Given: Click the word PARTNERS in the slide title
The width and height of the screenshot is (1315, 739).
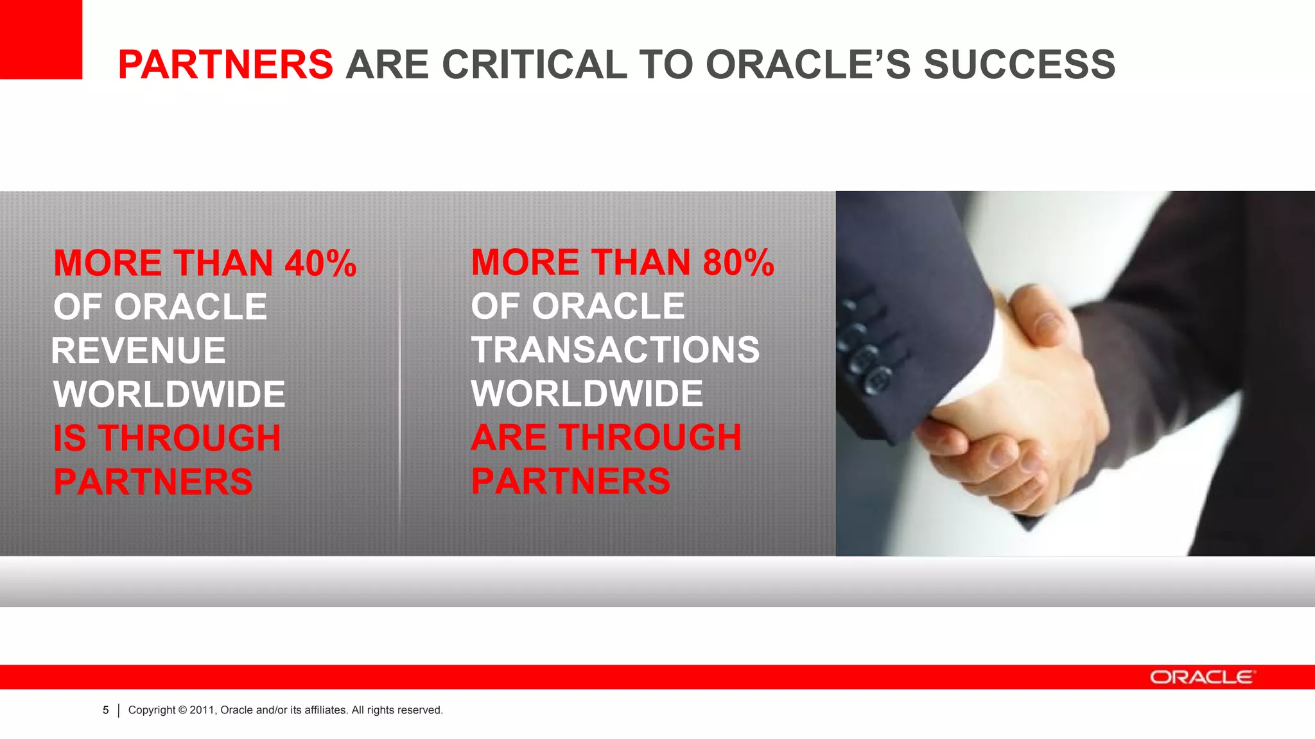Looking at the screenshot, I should (x=225, y=65).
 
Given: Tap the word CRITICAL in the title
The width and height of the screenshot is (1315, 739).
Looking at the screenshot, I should (x=534, y=65).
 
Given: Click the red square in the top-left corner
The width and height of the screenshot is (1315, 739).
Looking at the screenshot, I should (x=40, y=38).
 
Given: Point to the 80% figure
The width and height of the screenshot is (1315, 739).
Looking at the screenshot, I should (x=738, y=263).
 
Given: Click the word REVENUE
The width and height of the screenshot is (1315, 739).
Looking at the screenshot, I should (x=139, y=351).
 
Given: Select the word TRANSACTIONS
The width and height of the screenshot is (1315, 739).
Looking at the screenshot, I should (x=615, y=350).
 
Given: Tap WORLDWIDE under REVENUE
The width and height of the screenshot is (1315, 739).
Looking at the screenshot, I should (x=169, y=395).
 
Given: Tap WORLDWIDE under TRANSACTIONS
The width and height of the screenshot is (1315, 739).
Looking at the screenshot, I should (x=587, y=394).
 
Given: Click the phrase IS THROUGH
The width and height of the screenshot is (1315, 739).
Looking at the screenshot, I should (x=167, y=438).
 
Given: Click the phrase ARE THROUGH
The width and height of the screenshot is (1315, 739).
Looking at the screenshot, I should (x=606, y=437).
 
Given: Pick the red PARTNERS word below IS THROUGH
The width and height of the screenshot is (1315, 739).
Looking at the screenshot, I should (x=153, y=482).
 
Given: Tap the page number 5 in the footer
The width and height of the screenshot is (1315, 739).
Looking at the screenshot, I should (x=106, y=710).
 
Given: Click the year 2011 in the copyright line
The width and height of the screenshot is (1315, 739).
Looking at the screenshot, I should (x=202, y=710).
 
